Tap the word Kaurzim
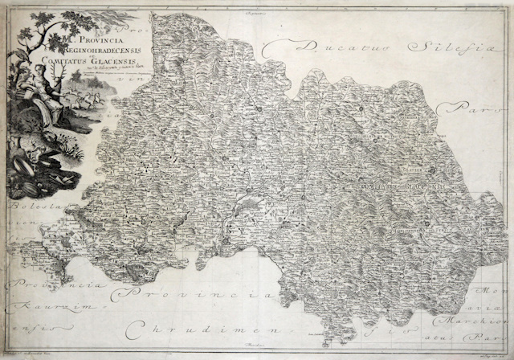(x=27, y=306)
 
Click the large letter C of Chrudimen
(x=132, y=329)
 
